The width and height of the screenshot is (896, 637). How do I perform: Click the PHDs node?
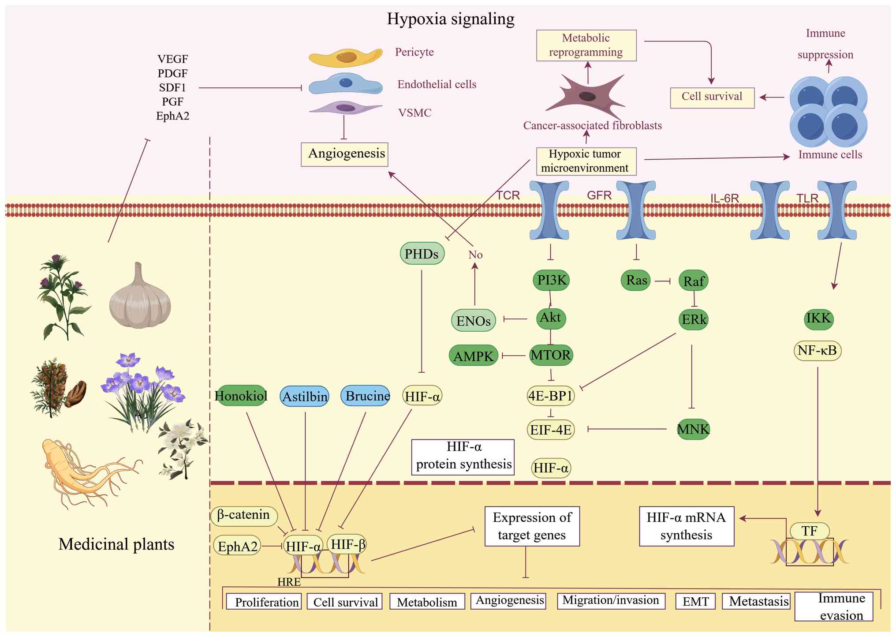coord(422,253)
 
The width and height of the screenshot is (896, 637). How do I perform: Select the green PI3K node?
coord(551,280)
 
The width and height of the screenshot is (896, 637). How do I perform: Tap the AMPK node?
coord(474,356)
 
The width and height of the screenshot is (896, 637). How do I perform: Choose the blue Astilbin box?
coord(305,397)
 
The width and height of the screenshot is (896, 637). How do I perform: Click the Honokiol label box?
coord(241,396)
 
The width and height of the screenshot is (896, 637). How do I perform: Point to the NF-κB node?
coord(817,351)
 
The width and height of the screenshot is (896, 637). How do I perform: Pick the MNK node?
coord(693,429)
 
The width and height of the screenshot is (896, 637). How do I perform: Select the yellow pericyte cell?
coord(345,57)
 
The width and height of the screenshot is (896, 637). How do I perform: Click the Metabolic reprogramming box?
coord(586,45)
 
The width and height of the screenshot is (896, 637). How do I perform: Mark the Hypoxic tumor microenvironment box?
coord(586,161)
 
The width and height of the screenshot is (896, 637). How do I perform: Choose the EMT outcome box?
coord(695,602)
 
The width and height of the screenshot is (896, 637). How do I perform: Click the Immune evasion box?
coord(834,607)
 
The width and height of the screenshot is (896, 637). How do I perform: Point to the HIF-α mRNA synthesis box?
coord(686,526)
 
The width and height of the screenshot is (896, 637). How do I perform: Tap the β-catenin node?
coord(244,515)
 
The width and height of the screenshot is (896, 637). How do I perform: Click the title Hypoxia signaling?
coord(450,19)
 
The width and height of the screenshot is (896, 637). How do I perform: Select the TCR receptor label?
coord(508,195)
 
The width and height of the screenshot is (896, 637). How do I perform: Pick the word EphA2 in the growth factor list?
coord(173,116)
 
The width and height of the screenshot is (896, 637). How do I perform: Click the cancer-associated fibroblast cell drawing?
coord(586,96)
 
